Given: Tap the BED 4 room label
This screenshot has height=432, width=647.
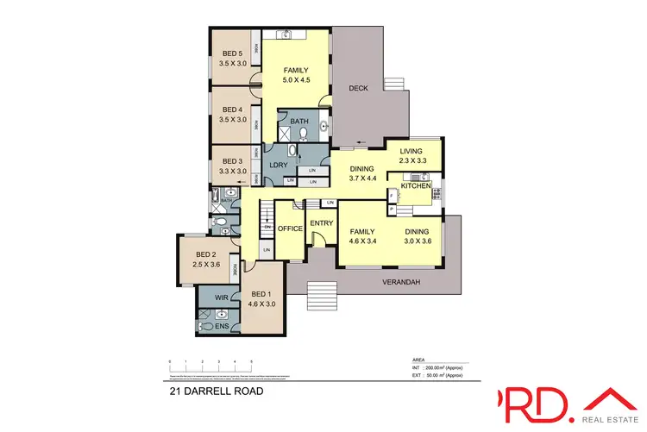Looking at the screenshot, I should [232, 110].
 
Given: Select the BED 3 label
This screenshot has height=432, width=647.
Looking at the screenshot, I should [232, 161].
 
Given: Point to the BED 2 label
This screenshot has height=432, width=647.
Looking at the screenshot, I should [205, 254].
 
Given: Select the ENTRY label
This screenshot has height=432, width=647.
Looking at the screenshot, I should [321, 224].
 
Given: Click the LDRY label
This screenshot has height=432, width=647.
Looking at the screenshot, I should [278, 165].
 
